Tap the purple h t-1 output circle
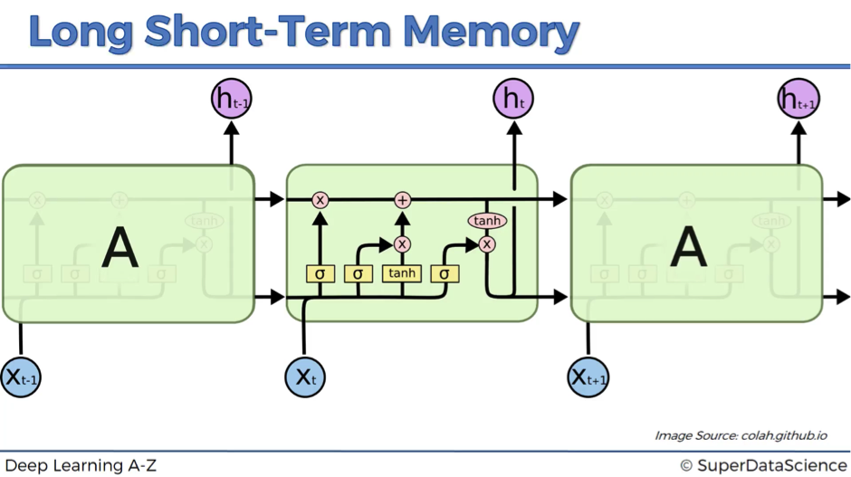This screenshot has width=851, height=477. [231, 100]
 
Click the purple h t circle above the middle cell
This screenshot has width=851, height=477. [513, 100]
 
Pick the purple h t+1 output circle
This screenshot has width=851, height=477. [798, 100]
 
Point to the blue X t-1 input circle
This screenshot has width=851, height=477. [21, 376]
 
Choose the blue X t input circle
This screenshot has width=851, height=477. [304, 376]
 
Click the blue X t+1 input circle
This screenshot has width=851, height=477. [588, 376]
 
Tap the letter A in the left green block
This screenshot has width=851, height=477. [120, 247]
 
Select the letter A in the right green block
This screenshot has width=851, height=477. [688, 247]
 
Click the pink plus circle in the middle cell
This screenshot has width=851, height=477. [403, 200]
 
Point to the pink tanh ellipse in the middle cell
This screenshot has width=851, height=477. [487, 221]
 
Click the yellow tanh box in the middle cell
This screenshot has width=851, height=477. [401, 273]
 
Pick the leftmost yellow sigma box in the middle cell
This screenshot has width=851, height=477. [320, 273]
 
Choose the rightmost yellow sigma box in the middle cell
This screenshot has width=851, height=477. [445, 273]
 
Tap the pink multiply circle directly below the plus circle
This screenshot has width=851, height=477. [403, 244]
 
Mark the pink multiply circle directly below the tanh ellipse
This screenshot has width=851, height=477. [487, 244]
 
